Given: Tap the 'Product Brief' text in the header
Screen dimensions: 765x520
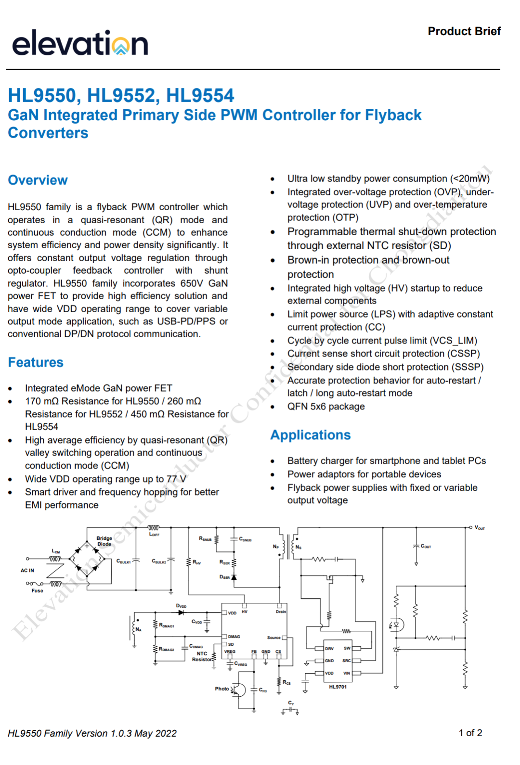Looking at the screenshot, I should [464, 31].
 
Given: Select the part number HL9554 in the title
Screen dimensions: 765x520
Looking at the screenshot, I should [200, 95].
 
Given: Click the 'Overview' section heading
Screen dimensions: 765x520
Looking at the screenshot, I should [38, 180].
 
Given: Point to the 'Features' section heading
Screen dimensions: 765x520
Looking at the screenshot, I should [36, 362].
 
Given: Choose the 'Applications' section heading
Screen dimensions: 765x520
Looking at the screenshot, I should [311, 435].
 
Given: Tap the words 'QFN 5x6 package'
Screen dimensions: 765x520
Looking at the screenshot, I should [326, 407].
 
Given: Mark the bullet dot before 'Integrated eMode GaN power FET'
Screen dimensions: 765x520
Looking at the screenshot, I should [10, 389].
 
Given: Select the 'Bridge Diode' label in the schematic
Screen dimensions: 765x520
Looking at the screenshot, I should [104, 541].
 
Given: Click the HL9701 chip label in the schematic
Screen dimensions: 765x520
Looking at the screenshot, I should [338, 687].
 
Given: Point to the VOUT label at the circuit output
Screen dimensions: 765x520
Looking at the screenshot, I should [480, 528].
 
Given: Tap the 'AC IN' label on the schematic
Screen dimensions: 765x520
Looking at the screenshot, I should [27, 570].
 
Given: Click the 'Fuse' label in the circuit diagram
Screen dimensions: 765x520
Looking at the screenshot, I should [37, 591].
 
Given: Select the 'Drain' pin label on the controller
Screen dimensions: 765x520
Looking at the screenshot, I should [281, 612].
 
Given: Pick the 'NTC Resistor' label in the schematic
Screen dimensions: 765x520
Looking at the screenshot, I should [202, 656].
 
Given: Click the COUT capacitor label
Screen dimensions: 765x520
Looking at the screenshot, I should [426, 546].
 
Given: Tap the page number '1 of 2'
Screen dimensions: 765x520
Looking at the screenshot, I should [470, 733].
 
